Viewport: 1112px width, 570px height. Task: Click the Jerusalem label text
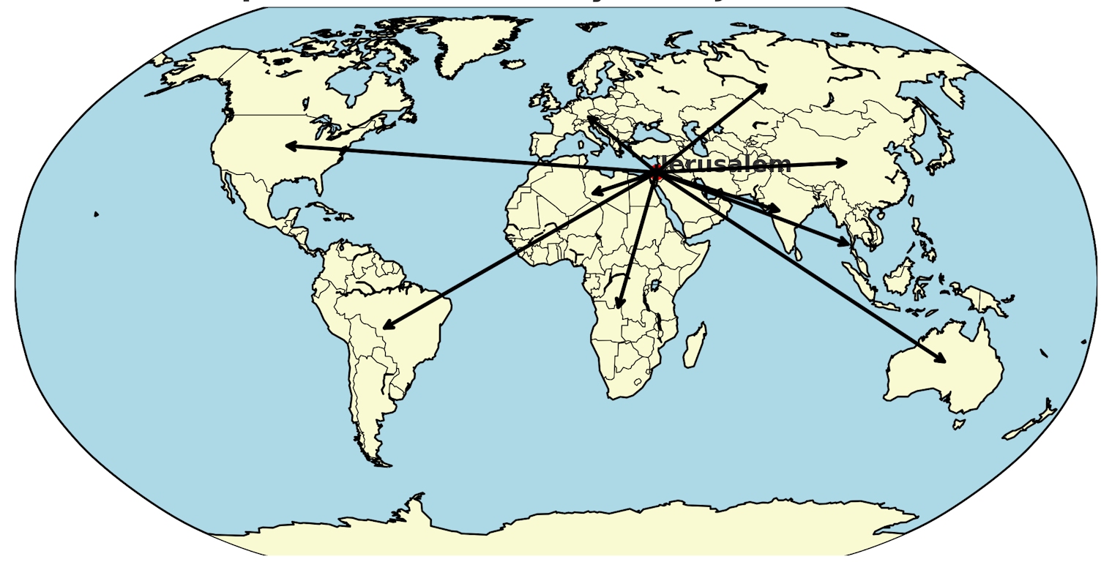[725, 164]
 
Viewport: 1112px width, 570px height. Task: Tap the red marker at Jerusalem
[657, 173]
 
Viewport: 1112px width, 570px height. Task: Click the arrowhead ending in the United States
[288, 146]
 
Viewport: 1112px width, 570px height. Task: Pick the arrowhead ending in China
[844, 162]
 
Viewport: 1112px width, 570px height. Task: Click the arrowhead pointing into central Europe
[589, 117]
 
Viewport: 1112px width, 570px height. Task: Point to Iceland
[515, 64]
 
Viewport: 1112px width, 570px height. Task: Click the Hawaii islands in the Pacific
[96, 214]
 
